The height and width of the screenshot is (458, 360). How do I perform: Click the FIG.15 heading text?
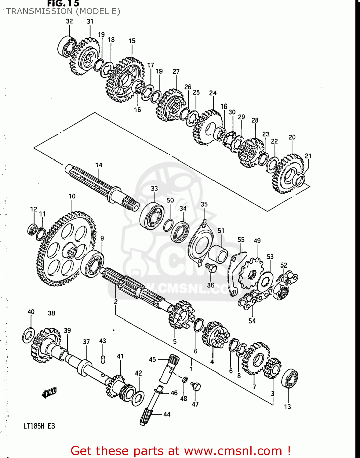coord(63,4)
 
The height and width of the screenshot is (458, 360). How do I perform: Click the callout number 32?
coord(69,21)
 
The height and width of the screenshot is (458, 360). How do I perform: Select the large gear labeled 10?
coord(66,249)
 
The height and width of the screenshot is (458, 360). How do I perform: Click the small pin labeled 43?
coord(103,359)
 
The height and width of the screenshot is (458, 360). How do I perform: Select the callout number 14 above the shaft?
coord(99,165)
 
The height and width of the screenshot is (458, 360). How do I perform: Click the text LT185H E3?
coord(39,426)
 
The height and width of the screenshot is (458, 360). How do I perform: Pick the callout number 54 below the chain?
coord(252,321)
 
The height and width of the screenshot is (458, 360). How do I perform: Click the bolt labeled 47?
coord(196,386)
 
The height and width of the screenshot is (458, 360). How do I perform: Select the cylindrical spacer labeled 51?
coord(218,255)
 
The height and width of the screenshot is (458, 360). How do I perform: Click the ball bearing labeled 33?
coord(152,216)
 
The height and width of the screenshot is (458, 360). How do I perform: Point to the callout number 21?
coord(308,156)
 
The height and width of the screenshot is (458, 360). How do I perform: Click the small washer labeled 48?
coord(185,380)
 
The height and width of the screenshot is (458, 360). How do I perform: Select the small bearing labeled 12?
coord(32,229)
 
